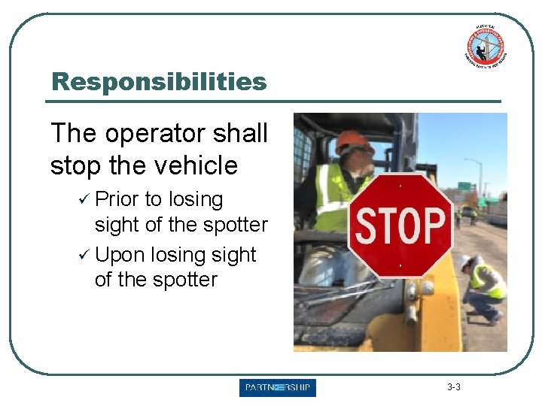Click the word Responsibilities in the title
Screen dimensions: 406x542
tap(159, 81)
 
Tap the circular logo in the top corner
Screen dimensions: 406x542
tap(486, 44)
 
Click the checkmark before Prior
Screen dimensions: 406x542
tap(84, 199)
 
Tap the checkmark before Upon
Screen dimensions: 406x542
tap(84, 255)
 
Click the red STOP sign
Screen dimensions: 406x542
tap(400, 225)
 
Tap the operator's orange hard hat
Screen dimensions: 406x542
tap(355, 141)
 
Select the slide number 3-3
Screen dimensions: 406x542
tap(453, 388)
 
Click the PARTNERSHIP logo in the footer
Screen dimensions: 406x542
tap(278, 388)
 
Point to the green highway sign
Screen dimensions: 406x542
tap(464, 186)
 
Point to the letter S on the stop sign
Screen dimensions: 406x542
tap(367, 226)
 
